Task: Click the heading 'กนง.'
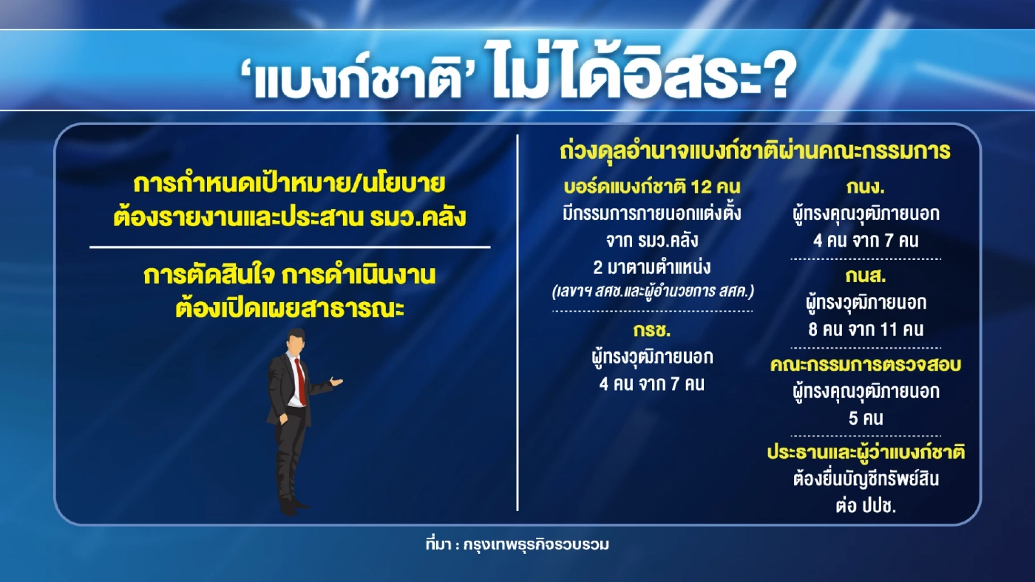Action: coord(866,187)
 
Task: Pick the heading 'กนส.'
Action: coord(866,276)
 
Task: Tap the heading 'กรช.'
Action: coord(651,329)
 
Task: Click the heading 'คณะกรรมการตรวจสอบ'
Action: coord(865,365)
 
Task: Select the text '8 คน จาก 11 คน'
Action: coord(866,329)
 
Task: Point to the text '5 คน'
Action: coord(866,418)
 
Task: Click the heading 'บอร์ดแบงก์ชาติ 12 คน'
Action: coord(651,187)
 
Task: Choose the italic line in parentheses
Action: coord(651,292)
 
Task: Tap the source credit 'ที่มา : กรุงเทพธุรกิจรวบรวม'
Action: coord(517,545)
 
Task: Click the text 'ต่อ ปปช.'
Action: coord(866,507)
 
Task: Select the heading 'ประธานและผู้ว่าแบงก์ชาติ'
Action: coord(866,453)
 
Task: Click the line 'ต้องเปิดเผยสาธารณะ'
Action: coord(290,306)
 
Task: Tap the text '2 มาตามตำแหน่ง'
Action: coord(651,267)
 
